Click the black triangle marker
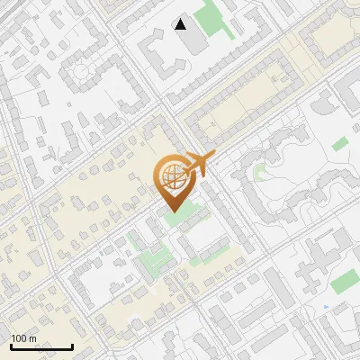[181, 23]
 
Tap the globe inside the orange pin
[173, 176]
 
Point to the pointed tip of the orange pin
[173, 211]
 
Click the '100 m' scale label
[23, 338]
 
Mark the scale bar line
[41, 346]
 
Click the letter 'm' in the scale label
[32, 338]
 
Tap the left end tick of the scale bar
[11, 345]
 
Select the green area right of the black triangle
[212, 17]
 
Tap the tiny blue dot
[326, 307]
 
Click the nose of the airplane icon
[212, 156]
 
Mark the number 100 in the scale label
[19, 338]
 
